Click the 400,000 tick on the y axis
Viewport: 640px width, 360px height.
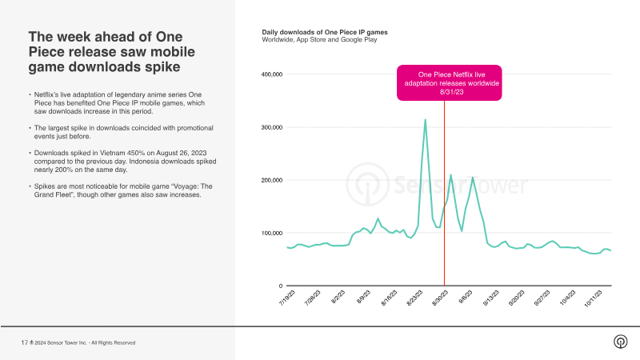[272, 74]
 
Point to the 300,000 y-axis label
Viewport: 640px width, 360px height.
[272, 127]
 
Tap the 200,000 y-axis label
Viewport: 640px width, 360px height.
[272, 180]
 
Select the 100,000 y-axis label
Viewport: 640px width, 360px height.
[272, 233]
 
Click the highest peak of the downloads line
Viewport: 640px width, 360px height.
[425, 120]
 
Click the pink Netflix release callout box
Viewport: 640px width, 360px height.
[450, 83]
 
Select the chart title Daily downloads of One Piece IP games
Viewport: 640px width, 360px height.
[324, 32]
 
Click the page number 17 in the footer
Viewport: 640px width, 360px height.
[24, 342]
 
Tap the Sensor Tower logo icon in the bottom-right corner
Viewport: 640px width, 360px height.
[620, 342]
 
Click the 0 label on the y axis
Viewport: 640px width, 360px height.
[280, 286]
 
